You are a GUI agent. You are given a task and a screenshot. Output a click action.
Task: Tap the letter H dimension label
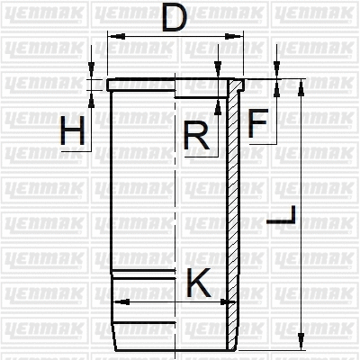[73, 133]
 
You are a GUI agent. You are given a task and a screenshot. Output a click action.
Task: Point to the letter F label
[258, 124]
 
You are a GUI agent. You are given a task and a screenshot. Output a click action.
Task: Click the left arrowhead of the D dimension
[111, 36]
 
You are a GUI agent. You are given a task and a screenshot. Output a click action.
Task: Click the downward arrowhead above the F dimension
[276, 74]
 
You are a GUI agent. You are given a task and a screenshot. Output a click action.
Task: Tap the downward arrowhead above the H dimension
[93, 74]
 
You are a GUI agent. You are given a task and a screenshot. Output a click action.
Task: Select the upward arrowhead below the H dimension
[93, 94]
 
